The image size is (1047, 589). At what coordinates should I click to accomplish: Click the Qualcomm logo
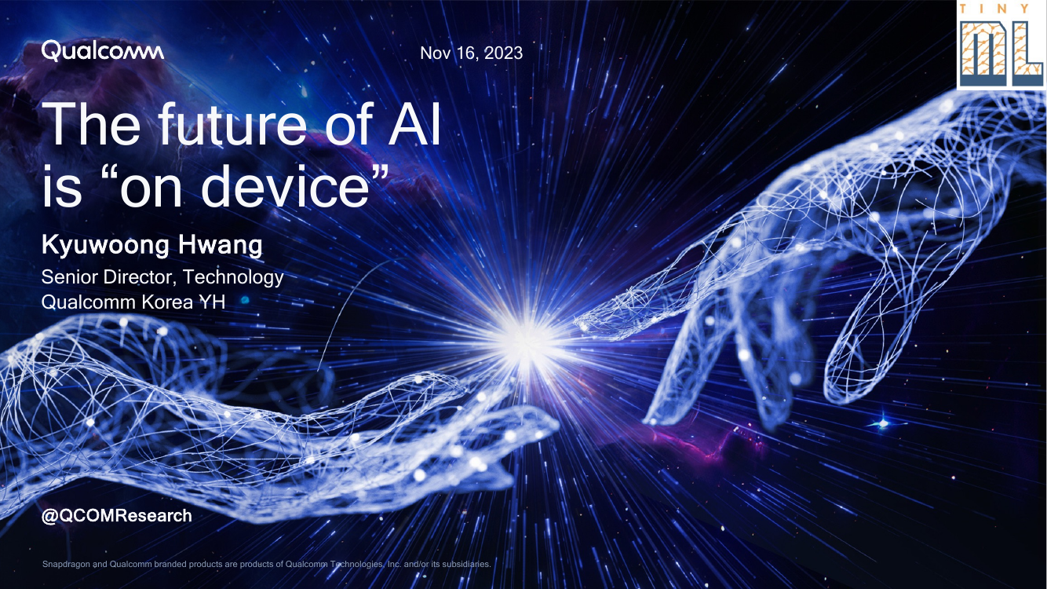102,51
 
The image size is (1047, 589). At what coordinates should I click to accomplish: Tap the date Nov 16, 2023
471,53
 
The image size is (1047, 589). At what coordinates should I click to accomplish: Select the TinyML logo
1001,46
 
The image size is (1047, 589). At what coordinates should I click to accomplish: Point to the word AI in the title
414,124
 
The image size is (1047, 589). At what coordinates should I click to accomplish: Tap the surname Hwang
220,245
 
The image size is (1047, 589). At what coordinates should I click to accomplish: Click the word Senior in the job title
70,277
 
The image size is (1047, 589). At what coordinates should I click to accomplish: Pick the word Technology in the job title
233,278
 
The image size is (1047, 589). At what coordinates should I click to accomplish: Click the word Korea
167,302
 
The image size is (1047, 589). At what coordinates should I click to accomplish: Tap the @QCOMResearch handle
116,515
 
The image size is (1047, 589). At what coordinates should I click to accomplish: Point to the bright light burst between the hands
527,342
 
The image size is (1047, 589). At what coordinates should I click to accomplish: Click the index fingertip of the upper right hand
582,323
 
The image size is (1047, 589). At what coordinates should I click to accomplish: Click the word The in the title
91,123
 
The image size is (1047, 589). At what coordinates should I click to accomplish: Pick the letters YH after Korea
212,302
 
